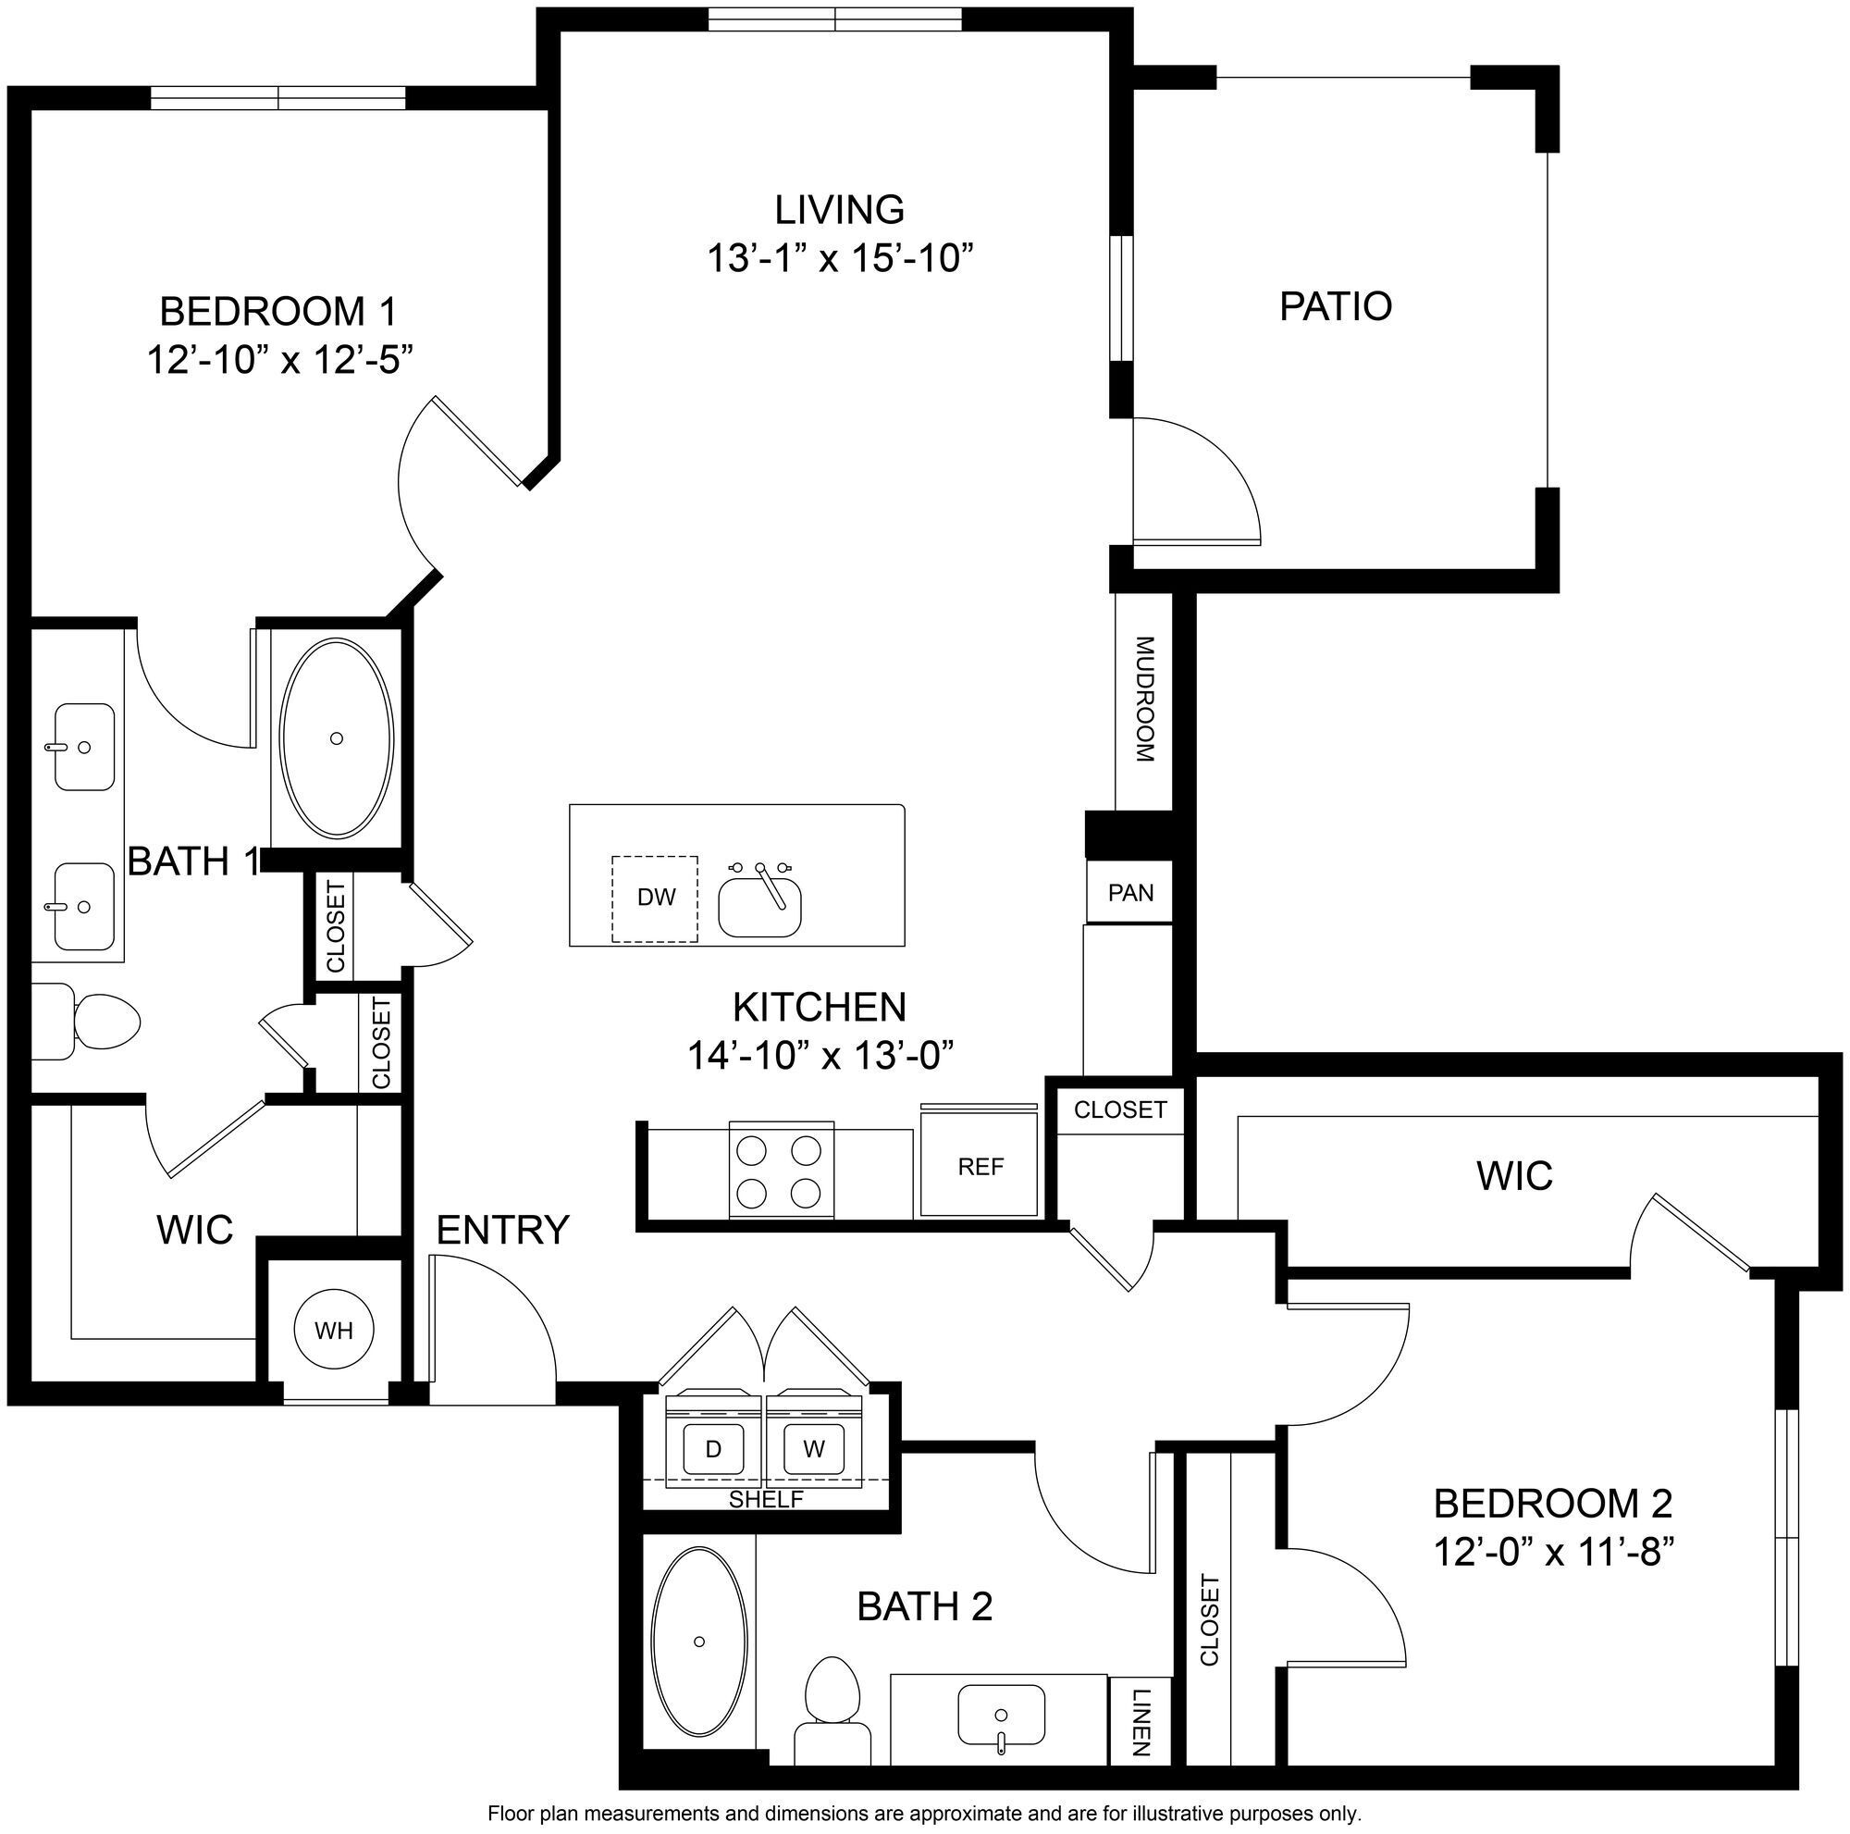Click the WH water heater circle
333,1331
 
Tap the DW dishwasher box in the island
655,898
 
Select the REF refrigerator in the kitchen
980,1167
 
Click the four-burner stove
780,1171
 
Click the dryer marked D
713,1449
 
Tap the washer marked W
814,1449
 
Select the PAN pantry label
1130,893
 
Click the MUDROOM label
1145,700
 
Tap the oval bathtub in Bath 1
336,738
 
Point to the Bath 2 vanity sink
1001,1715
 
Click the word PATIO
1335,306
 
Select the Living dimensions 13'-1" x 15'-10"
840,258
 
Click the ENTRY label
502,1230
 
